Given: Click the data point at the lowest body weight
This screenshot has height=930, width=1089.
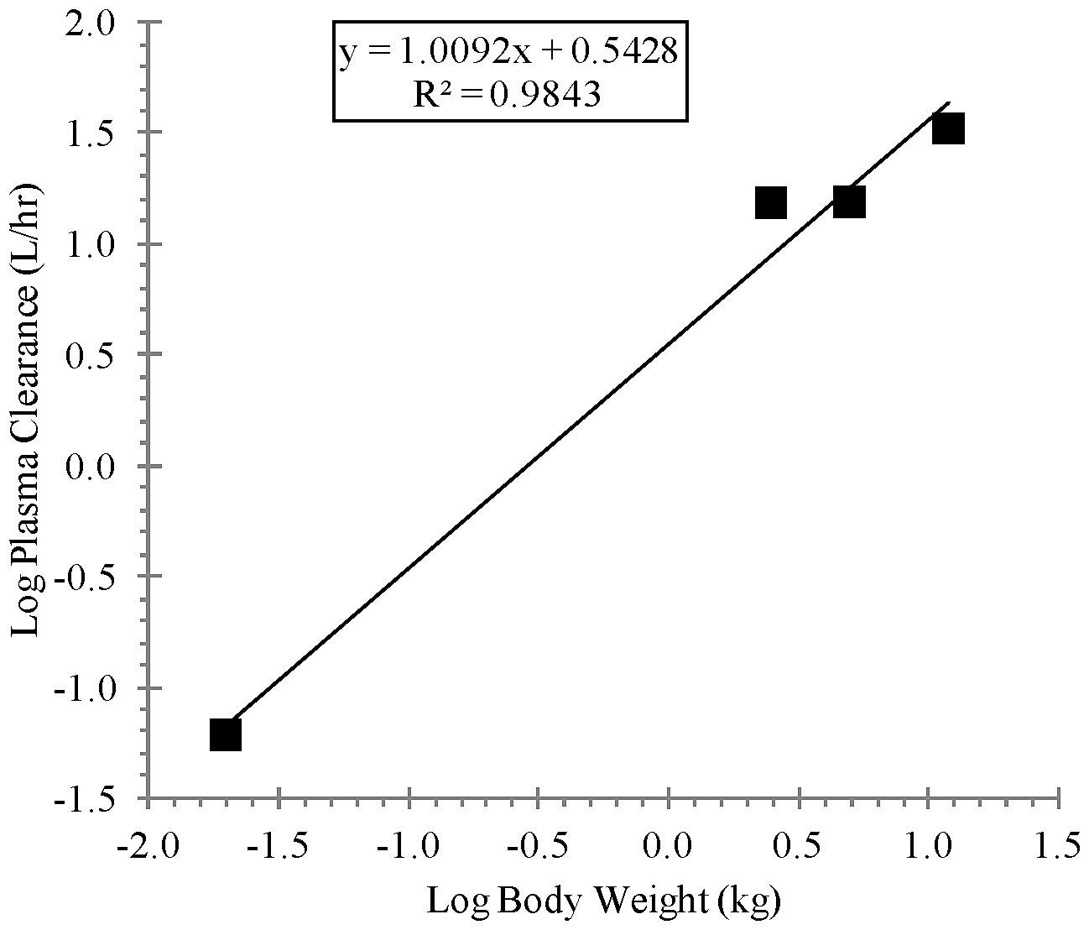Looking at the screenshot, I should (x=226, y=734).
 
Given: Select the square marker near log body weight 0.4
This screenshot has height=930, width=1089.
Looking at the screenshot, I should (x=770, y=202).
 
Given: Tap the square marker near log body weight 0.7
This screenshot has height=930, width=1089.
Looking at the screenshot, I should (x=849, y=202).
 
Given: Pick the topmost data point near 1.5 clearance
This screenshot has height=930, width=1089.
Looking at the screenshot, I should (x=947, y=129).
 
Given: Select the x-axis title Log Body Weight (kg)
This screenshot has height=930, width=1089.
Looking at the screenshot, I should (x=605, y=901).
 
